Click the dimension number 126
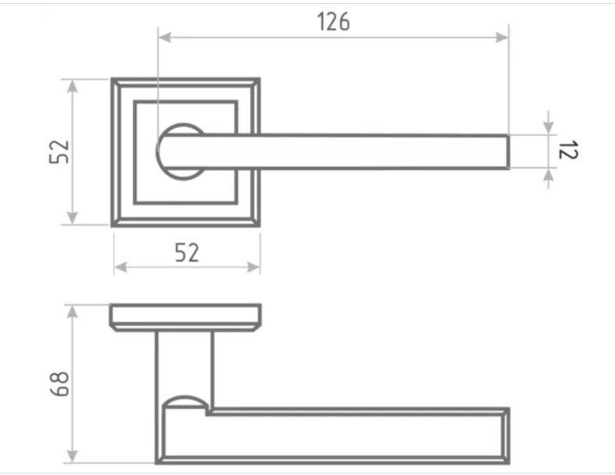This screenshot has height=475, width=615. pos(333,22)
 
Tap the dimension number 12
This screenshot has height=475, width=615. pos(567,150)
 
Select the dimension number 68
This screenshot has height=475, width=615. pos(60,384)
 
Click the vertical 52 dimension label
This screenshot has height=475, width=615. pos(59,152)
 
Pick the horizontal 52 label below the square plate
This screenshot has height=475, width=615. pos(187,252)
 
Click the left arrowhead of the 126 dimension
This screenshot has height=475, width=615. pos(164,37)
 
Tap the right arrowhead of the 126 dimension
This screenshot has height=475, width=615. pos(502,37)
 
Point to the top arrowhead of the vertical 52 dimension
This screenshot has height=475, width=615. pos(72,86)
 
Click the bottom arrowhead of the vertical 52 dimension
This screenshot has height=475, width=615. pos(72,218)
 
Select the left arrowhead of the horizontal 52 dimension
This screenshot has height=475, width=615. pos(120,267)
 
